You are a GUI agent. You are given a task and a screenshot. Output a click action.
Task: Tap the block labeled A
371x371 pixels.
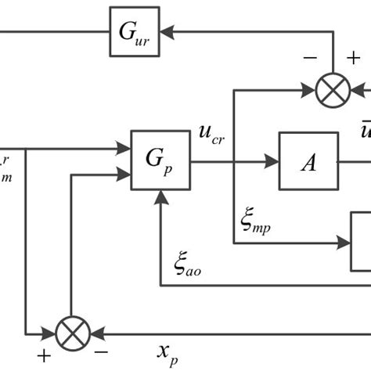(308, 161)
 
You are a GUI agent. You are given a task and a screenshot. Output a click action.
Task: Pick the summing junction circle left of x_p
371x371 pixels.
(72, 333)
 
